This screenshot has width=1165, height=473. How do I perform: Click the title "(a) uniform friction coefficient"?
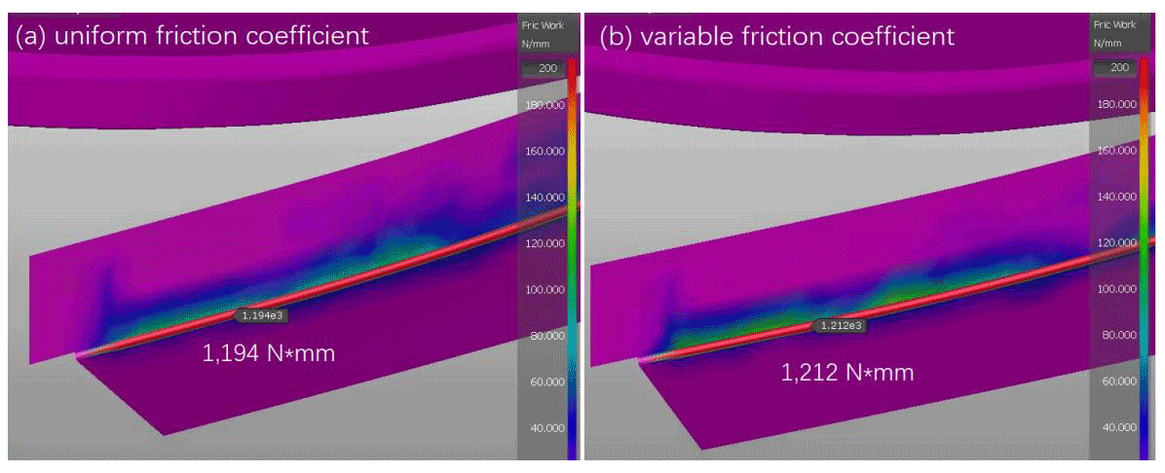pos(191,37)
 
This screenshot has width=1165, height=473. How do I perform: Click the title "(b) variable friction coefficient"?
pos(775,37)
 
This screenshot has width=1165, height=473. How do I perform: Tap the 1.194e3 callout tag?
pos(262,314)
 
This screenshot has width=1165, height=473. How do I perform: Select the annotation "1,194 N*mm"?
pos(267,353)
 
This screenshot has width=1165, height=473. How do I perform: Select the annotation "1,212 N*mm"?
pos(847,371)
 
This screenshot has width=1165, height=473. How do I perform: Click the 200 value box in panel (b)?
pos(1116,67)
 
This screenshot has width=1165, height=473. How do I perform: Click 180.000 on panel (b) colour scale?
pos(1116,103)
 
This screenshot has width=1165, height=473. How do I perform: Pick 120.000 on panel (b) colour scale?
pos(1116,242)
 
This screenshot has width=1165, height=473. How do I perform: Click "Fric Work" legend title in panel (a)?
pos(542,25)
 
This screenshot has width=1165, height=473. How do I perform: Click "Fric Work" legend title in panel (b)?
pos(1114,24)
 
